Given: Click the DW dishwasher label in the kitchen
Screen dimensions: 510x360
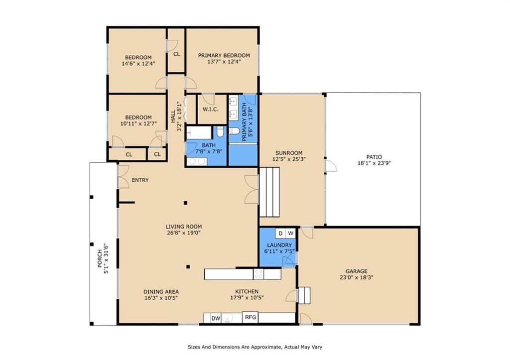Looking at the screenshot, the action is pyautogui.click(x=216, y=318).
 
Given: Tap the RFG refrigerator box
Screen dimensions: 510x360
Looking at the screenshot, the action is pyautogui.click(x=251, y=317).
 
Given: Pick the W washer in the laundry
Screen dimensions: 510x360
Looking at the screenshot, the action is pyautogui.click(x=290, y=233).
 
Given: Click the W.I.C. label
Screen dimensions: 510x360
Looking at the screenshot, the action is pyautogui.click(x=211, y=109).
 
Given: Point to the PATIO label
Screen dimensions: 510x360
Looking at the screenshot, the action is pyautogui.click(x=374, y=157).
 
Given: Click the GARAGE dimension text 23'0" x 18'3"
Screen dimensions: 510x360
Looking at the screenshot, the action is pyautogui.click(x=357, y=277).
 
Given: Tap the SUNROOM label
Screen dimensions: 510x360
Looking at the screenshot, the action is pyautogui.click(x=289, y=153).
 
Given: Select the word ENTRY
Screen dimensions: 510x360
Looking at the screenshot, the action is pyautogui.click(x=140, y=180).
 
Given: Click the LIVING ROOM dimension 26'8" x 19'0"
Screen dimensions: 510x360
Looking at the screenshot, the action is pyautogui.click(x=184, y=233).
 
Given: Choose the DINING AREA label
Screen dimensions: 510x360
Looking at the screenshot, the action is pyautogui.click(x=161, y=292).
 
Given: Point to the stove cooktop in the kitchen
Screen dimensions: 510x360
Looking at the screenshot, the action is pyautogui.click(x=258, y=274).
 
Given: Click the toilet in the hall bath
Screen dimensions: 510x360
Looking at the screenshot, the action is pyautogui.click(x=220, y=132).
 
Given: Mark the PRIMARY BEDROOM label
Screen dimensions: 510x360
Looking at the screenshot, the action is pyautogui.click(x=224, y=55).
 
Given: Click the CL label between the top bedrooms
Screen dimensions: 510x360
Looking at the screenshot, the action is pyautogui.click(x=177, y=54).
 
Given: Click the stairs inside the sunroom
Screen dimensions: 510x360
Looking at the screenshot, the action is pyautogui.click(x=269, y=192).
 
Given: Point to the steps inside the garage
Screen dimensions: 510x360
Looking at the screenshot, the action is pyautogui.click(x=304, y=295).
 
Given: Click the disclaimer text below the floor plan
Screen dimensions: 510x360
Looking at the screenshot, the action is pyautogui.click(x=255, y=347).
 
